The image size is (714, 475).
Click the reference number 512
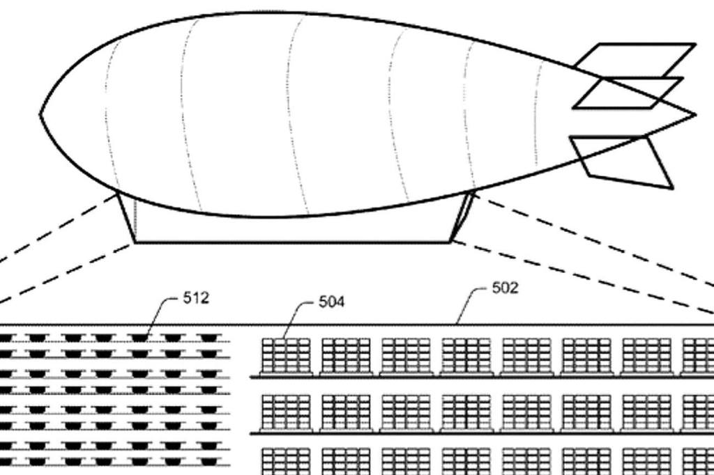tap(196, 298)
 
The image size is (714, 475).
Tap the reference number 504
tap(332, 302)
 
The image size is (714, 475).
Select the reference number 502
tap(505, 288)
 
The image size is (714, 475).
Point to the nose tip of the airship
tap(42, 114)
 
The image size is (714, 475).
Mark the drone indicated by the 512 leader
tap(139, 338)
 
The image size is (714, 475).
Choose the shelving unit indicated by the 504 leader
tap(285, 356)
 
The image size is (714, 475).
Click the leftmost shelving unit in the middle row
tap(285, 412)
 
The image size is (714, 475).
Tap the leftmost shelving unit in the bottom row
tap(285, 461)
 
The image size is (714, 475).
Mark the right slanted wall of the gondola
tap(462, 217)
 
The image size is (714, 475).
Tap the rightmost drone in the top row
tap(207, 338)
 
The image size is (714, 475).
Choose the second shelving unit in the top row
tap(346, 356)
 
